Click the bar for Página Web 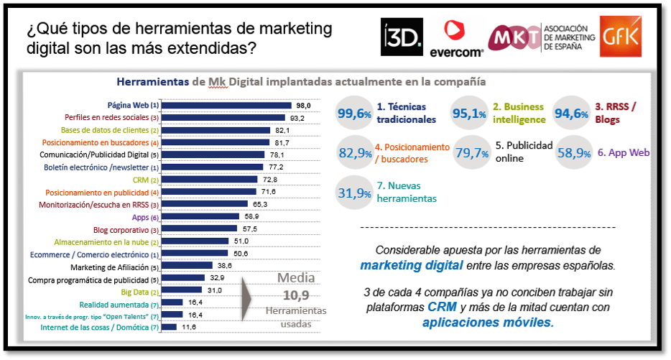(226, 105)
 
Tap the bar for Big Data (182, 290)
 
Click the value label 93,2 (297, 117)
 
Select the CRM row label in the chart (145, 179)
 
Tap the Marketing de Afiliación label (115, 266)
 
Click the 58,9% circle (573, 152)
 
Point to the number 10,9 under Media (297, 295)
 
